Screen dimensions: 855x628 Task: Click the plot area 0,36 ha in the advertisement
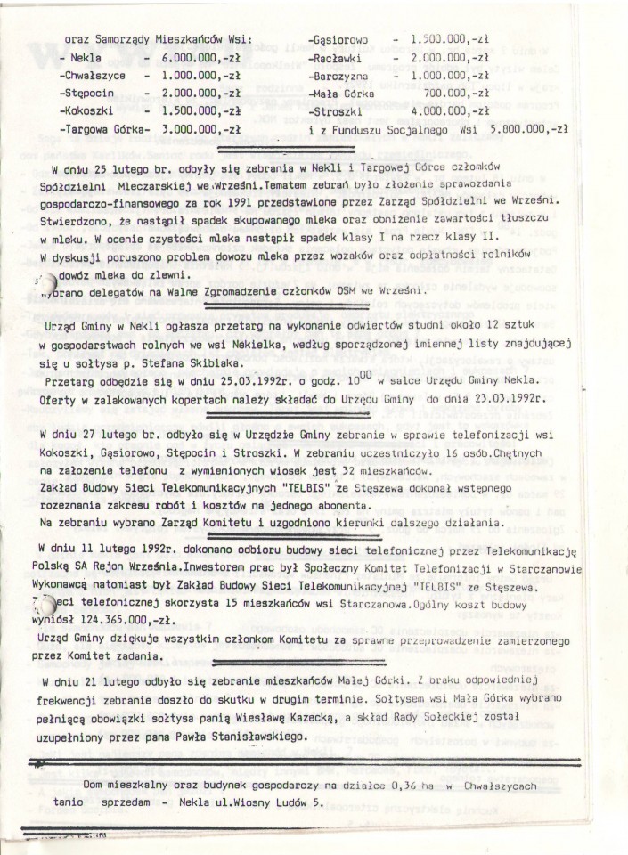[392, 785]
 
